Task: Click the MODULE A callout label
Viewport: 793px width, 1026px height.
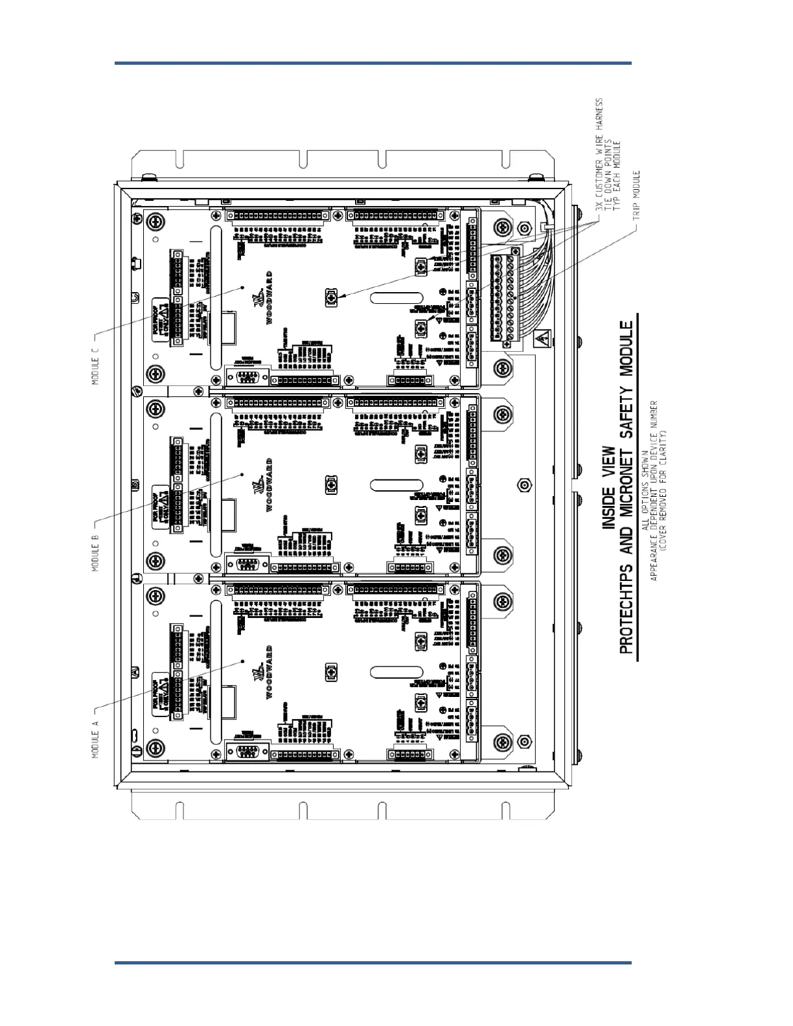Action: point(95,738)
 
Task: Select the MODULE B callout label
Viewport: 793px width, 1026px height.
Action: point(95,552)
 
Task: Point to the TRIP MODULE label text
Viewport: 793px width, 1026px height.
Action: point(636,195)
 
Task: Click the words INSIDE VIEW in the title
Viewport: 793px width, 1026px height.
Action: point(609,487)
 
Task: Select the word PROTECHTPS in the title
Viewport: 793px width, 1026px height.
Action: point(626,604)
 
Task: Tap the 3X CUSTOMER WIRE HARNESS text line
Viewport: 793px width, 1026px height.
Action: point(599,157)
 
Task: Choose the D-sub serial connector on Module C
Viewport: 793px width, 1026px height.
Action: point(246,378)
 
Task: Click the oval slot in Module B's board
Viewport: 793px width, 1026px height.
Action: point(396,484)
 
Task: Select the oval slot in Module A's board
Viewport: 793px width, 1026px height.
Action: point(396,672)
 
